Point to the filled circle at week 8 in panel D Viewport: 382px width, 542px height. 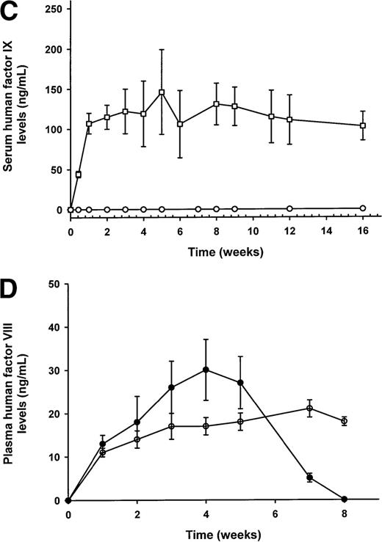pos(344,499)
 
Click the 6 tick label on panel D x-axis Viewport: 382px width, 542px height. pos(275,516)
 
